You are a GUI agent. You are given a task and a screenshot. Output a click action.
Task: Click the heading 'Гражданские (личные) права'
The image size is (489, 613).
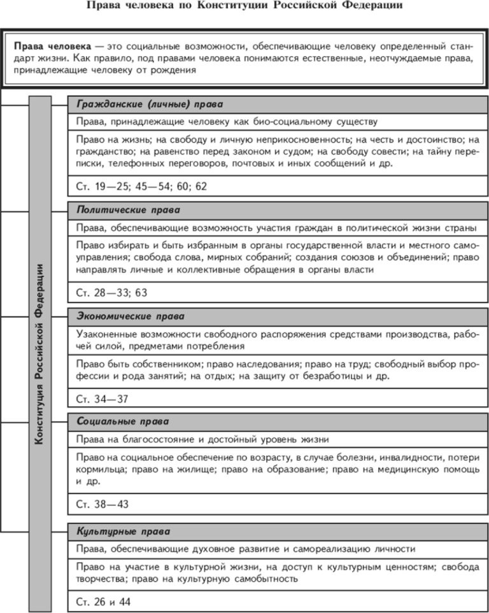click(x=150, y=104)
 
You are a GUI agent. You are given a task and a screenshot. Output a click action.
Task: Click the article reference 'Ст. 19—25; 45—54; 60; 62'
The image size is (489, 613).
click(x=141, y=187)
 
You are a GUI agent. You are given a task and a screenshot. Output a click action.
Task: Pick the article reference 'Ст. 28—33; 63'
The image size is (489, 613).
click(x=111, y=293)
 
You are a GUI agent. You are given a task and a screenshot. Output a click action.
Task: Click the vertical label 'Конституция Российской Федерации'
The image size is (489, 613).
click(x=39, y=353)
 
